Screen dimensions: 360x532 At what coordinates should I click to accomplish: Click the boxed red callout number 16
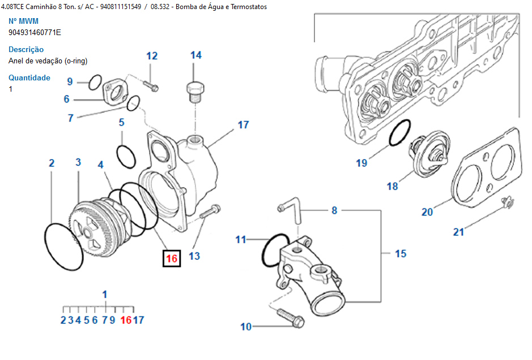(172, 259)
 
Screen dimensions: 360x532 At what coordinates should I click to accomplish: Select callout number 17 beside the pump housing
(243, 125)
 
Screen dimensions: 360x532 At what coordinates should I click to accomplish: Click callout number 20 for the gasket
(427, 212)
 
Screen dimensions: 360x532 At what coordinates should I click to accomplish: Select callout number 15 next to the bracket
(401, 253)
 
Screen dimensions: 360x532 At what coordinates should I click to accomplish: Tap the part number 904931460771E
(35, 32)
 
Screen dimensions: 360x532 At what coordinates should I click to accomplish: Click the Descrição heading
(26, 49)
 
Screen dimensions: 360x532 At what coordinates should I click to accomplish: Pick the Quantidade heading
(29, 78)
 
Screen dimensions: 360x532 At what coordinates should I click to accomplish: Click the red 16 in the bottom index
(126, 320)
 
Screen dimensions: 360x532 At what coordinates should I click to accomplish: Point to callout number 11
(241, 239)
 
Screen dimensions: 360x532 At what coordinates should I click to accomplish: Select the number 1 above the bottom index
(104, 294)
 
